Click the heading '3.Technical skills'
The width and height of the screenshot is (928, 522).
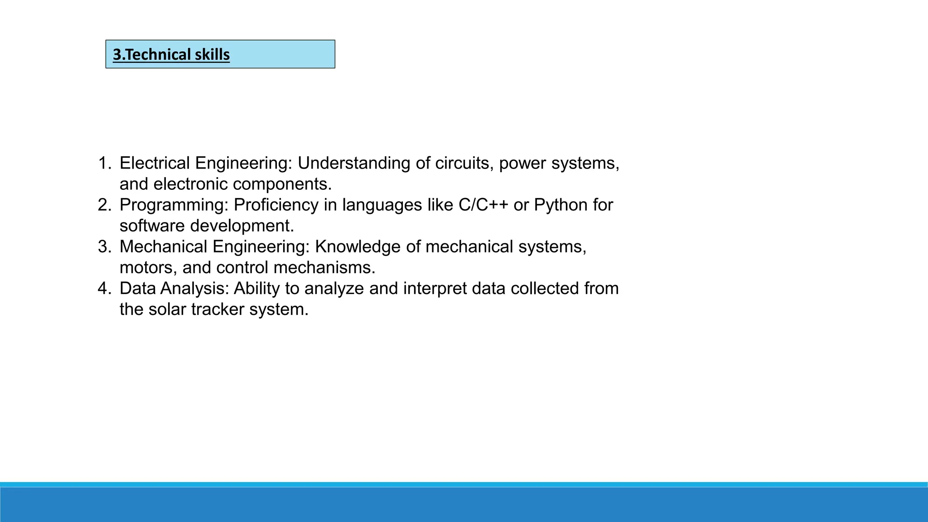pyautogui.click(x=171, y=55)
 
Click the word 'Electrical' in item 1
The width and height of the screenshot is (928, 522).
pyautogui.click(x=155, y=163)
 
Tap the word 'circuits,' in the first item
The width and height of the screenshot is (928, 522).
pyautogui.click(x=464, y=163)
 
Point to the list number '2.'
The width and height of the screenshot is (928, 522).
pyautogui.click(x=105, y=205)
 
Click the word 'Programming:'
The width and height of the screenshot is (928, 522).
pyautogui.click(x=174, y=205)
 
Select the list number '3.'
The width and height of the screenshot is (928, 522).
pyautogui.click(x=105, y=246)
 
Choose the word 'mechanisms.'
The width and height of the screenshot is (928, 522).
pyautogui.click(x=324, y=267)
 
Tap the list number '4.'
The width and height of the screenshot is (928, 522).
pyautogui.click(x=105, y=288)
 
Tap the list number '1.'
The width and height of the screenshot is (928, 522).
pyautogui.click(x=105, y=163)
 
